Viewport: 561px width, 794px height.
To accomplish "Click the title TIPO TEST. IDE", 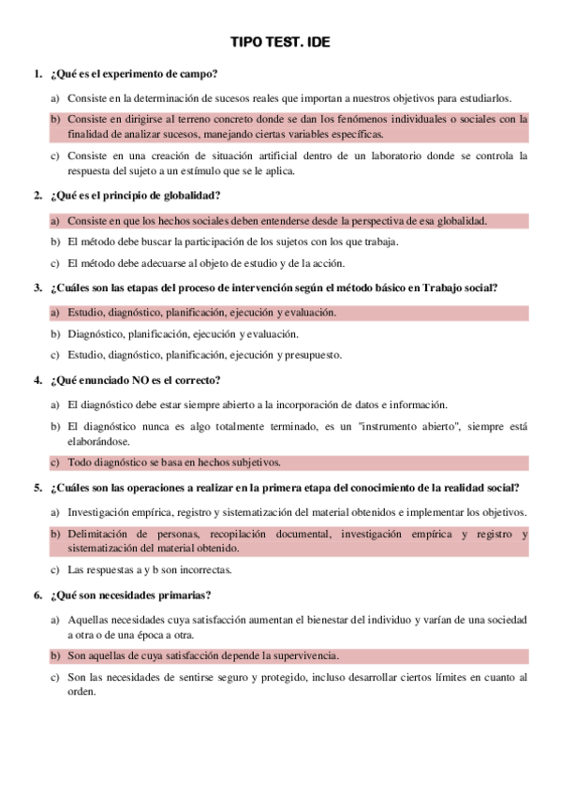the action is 280,42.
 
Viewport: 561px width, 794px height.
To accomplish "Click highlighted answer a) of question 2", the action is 277,221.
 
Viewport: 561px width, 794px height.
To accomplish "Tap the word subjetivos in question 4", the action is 256,462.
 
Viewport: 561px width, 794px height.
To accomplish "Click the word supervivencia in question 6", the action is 305,655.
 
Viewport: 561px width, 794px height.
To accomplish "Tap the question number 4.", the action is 37,380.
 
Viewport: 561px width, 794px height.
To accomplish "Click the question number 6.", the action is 37,595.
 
